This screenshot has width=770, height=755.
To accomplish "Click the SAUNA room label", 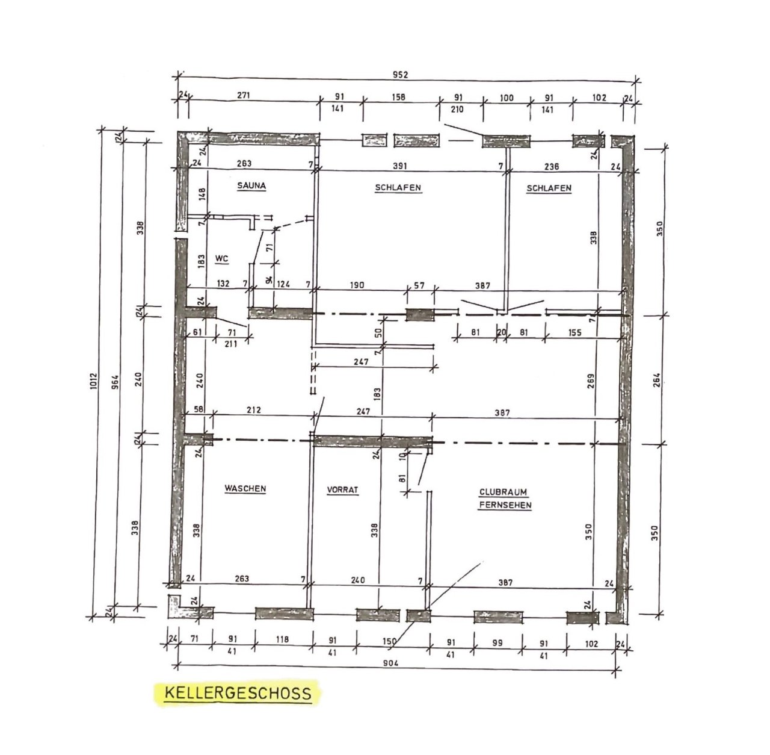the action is pyautogui.click(x=251, y=185).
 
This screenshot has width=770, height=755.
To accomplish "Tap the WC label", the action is pyautogui.click(x=221, y=259).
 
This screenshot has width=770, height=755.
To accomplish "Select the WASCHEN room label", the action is pyautogui.click(x=245, y=488).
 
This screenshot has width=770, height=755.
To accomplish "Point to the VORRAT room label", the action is pyautogui.click(x=342, y=489).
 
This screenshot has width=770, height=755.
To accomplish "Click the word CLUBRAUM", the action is pyautogui.click(x=503, y=492).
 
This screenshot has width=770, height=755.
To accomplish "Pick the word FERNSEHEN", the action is pyautogui.click(x=505, y=505).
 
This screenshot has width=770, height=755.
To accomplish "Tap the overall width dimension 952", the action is pyautogui.click(x=400, y=75).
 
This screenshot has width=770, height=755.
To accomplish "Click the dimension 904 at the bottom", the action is pyautogui.click(x=390, y=663).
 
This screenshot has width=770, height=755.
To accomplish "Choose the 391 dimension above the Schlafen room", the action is pyautogui.click(x=399, y=166).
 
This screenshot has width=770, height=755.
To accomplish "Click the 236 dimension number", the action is pyautogui.click(x=552, y=166).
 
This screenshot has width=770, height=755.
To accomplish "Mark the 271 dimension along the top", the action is pyautogui.click(x=244, y=95).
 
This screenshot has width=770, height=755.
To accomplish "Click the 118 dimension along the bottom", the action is pyautogui.click(x=282, y=639).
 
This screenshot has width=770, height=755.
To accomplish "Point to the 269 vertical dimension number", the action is pyautogui.click(x=591, y=381).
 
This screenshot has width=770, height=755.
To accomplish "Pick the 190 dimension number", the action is pyautogui.click(x=357, y=285).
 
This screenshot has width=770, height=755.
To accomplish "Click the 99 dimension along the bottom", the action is pyautogui.click(x=497, y=643).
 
